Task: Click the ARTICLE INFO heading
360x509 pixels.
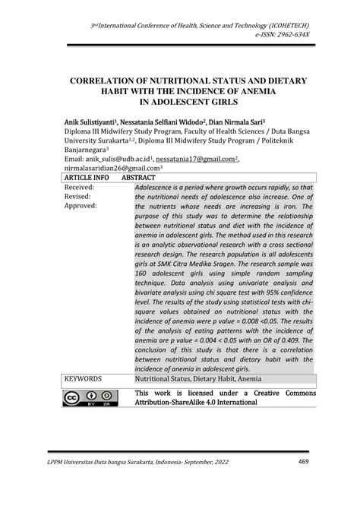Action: point(86,178)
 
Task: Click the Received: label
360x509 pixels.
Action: point(80,187)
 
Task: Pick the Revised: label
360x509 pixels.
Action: point(78,196)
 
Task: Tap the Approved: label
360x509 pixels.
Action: point(81,206)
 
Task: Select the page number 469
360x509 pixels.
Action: point(303,461)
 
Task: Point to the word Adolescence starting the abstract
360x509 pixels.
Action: point(160,187)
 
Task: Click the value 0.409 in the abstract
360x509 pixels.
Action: point(298,340)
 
